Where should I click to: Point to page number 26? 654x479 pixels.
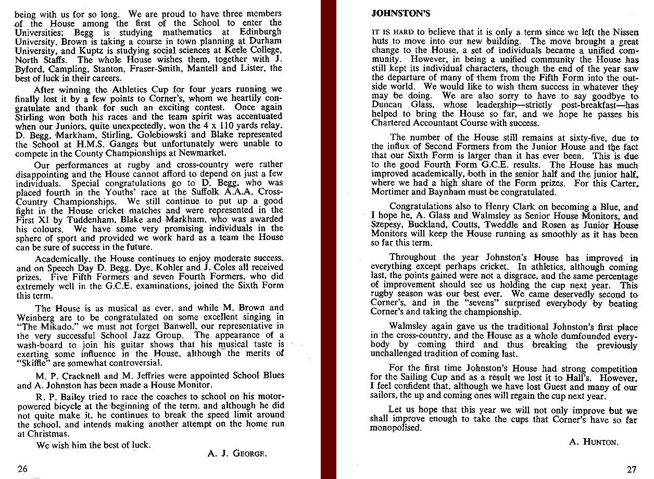pyautogui.click(x=23, y=469)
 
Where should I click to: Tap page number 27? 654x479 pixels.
pyautogui.click(x=631, y=469)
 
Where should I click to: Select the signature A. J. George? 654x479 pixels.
pyautogui.click(x=237, y=453)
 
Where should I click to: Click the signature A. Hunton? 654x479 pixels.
pyautogui.click(x=594, y=442)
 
